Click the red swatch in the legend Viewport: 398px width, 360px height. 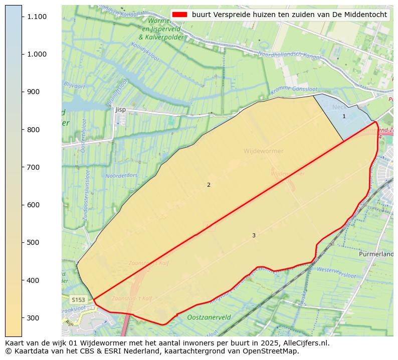[179, 15]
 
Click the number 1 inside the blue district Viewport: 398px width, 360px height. [344, 116]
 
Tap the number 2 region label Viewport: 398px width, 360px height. [209, 185]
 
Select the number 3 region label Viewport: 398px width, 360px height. [254, 235]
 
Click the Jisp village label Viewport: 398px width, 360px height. [120, 109]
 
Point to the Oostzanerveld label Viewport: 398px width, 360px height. [209, 317]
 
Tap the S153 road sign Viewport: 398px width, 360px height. [78, 300]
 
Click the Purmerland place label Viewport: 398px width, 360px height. [376, 254]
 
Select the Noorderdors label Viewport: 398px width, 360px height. [121, 176]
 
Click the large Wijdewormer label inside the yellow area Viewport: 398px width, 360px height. [263, 151]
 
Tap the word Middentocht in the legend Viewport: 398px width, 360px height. [366, 15]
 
